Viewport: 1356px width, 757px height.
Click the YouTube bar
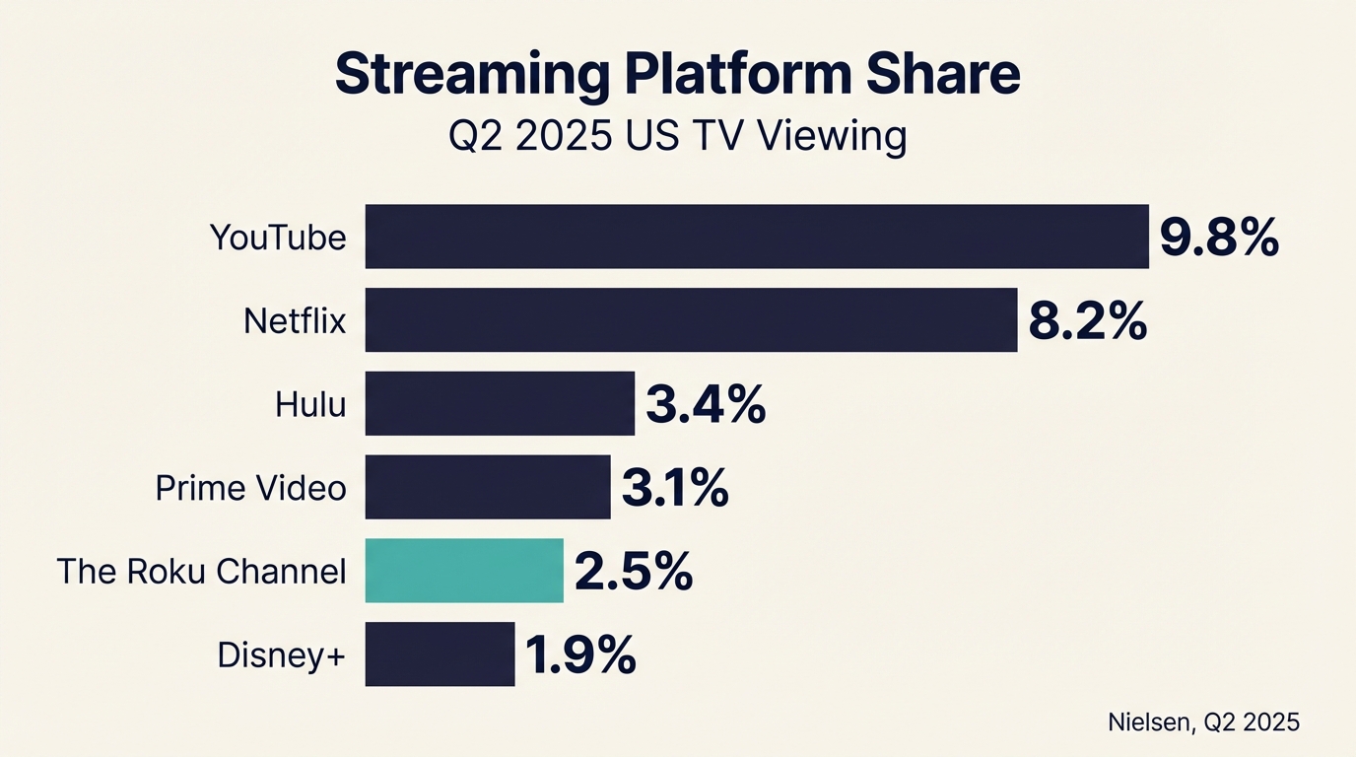[x=757, y=237]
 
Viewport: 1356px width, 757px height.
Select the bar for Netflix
[x=691, y=319]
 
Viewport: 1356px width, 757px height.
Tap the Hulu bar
[x=500, y=403]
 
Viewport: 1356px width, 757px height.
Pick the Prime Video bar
[x=488, y=487]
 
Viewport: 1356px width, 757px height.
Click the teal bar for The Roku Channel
[x=464, y=571]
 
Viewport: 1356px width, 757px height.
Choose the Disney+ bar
[x=440, y=654]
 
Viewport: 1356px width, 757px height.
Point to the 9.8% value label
[x=1219, y=238]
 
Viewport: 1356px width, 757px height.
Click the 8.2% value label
[x=1088, y=321]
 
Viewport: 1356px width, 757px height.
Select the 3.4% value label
[x=706, y=405]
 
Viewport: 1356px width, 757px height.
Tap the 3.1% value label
[x=675, y=488]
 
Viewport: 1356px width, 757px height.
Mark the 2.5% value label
[x=633, y=572]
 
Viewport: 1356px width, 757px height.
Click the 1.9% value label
[x=580, y=655]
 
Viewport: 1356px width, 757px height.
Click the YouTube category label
[x=278, y=238]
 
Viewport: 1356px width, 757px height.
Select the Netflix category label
[x=295, y=321]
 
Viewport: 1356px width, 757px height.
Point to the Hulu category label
[x=310, y=405]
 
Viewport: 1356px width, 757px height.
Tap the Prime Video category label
[x=251, y=488]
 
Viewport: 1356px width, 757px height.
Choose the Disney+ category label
[x=282, y=655]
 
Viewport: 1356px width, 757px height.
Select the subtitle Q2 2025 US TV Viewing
[x=677, y=136]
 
